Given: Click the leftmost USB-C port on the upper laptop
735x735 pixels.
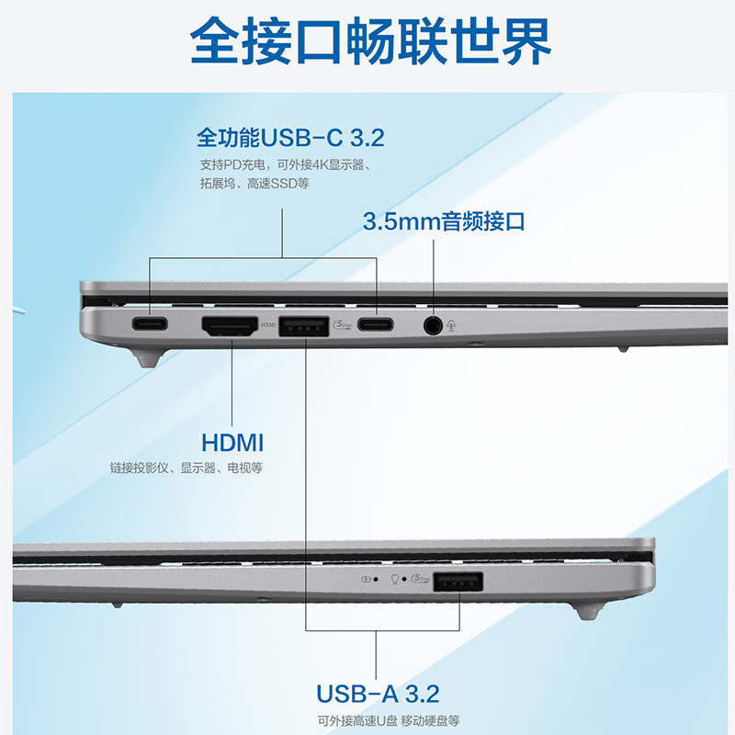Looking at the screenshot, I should [x=148, y=324].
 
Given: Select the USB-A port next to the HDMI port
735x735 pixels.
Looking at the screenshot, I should [x=302, y=324].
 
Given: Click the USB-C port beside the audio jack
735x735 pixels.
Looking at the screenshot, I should [x=377, y=324].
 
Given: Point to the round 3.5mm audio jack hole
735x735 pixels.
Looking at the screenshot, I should [x=433, y=324].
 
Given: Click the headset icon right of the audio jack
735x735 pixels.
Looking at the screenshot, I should [x=455, y=324].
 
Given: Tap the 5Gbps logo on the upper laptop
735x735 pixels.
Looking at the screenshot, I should [x=340, y=324].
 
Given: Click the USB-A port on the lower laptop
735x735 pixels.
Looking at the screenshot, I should [x=457, y=581].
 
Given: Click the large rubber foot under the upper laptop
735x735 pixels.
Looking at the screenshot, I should [x=148, y=356].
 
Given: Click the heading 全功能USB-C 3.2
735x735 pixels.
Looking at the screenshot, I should [x=290, y=139].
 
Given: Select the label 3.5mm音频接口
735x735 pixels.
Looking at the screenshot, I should [x=444, y=221].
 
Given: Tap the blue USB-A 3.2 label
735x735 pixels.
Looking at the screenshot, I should [x=377, y=693].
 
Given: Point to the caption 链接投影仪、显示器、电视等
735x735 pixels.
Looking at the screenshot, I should [x=187, y=469].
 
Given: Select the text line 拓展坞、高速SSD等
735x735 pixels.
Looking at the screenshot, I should [x=254, y=184].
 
